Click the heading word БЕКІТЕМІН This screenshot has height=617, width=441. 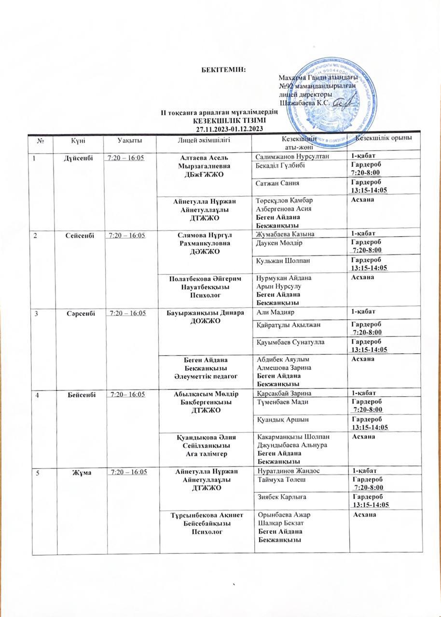pos(223,69)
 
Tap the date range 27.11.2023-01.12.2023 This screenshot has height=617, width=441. pos(229,129)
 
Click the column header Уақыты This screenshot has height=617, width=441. pos(130,140)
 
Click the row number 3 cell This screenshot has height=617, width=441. pos(35,313)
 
